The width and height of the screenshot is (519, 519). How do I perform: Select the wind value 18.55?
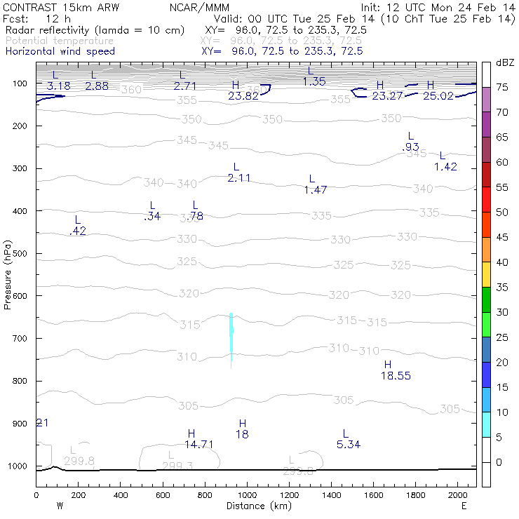click(396, 376)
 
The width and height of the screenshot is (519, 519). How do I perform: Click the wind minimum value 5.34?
click(349, 444)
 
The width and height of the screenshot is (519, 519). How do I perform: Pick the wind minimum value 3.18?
click(58, 86)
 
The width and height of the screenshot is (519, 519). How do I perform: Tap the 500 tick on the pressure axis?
click(22, 253)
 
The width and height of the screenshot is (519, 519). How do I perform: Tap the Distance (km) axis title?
click(256, 505)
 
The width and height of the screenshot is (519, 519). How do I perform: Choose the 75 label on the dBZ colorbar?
click(502, 87)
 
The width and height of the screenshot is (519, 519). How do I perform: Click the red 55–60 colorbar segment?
click(485, 175)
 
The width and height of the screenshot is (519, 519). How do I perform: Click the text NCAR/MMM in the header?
click(199, 7)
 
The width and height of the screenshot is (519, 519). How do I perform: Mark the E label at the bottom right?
click(464, 505)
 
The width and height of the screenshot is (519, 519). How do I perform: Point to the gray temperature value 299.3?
click(177, 466)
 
